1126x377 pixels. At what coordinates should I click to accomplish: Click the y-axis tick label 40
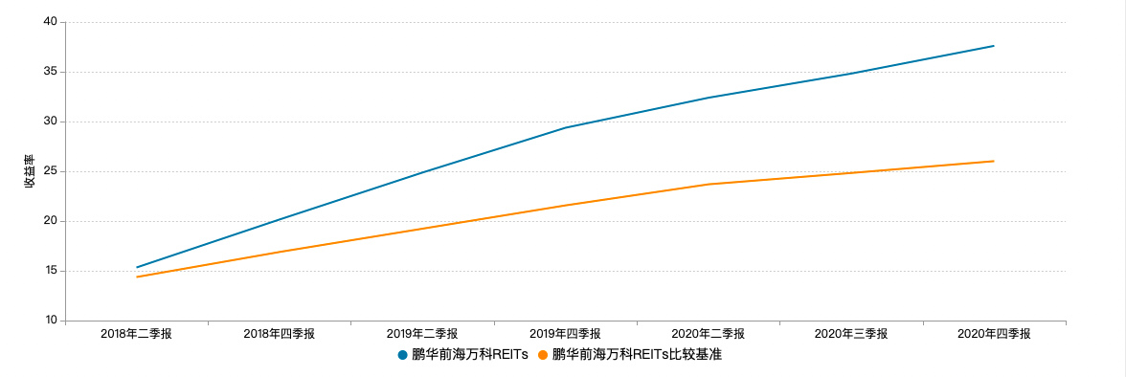pos(50,22)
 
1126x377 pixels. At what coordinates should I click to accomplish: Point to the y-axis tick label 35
pos(50,72)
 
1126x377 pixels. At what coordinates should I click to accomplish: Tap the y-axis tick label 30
pos(50,122)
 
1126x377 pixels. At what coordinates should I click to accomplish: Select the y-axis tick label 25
pos(50,171)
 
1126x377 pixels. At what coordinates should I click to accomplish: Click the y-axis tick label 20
pos(50,221)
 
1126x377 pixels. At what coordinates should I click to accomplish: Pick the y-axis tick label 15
pos(50,271)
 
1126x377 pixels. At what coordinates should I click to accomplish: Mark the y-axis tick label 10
pos(50,321)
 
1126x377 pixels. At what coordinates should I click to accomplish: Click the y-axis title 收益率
pos(29,171)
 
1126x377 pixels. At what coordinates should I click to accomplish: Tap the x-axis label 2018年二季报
pos(137,334)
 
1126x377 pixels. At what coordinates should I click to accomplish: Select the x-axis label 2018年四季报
pos(280,334)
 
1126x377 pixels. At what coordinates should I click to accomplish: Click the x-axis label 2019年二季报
pos(422,334)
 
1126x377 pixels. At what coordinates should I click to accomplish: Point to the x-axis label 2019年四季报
pos(565,334)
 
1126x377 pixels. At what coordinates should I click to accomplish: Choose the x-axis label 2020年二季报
pos(708,334)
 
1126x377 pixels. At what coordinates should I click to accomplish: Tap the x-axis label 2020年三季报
pos(851,334)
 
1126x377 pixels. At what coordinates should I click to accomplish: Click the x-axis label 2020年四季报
pos(994,334)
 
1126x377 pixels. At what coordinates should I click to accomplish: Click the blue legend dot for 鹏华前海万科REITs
pos(403,355)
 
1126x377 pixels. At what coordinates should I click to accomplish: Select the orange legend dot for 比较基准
pos(543,355)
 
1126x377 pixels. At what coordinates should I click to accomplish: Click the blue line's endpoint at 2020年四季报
pos(994,46)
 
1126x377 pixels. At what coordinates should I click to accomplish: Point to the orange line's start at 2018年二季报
pos(137,277)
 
